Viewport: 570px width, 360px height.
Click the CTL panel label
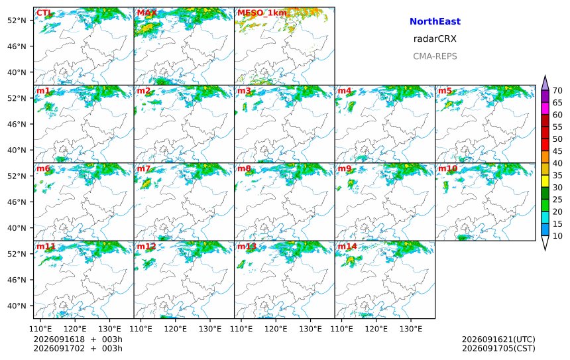click(44, 13)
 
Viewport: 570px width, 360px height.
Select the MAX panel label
click(146, 13)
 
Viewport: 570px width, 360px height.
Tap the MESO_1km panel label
click(262, 13)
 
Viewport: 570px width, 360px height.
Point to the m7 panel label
click(143, 168)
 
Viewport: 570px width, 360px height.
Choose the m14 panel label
click(347, 247)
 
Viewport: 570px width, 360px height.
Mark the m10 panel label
click(447, 168)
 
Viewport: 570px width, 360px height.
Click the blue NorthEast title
click(435, 21)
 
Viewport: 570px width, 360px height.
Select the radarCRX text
click(435, 38)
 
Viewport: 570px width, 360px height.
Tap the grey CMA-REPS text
click(435, 56)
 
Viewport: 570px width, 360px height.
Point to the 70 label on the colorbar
click(557, 91)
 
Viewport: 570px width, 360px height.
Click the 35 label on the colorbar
click(557, 175)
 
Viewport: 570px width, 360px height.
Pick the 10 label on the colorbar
click(557, 236)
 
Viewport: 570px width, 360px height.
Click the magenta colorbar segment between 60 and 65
click(545, 109)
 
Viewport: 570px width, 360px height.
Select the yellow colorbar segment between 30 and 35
click(545, 182)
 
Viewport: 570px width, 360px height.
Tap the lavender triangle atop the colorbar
click(545, 83)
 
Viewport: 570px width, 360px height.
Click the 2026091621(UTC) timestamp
click(498, 339)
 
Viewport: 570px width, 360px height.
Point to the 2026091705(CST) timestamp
click(498, 348)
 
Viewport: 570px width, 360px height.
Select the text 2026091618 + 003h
click(78, 339)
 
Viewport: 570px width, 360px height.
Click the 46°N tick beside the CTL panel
click(17, 46)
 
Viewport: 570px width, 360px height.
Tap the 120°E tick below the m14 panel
click(376, 329)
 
